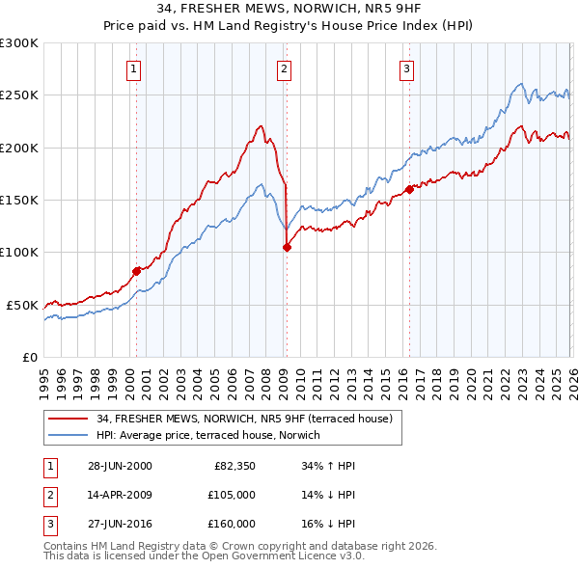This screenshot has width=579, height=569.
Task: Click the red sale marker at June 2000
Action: coord(136,271)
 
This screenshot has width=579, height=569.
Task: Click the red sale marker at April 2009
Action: coord(287,248)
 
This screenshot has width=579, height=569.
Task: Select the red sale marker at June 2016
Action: coord(409,189)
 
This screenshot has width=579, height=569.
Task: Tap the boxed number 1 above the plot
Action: coord(132,68)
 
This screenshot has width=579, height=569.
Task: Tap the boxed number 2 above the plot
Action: coord(285,68)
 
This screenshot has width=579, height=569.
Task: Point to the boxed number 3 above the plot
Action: coord(407,68)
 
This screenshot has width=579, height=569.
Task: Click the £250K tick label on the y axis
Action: coord(19,95)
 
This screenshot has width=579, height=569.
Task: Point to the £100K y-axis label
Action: coord(19,252)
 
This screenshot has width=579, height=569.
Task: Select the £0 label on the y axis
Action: coord(29,357)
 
